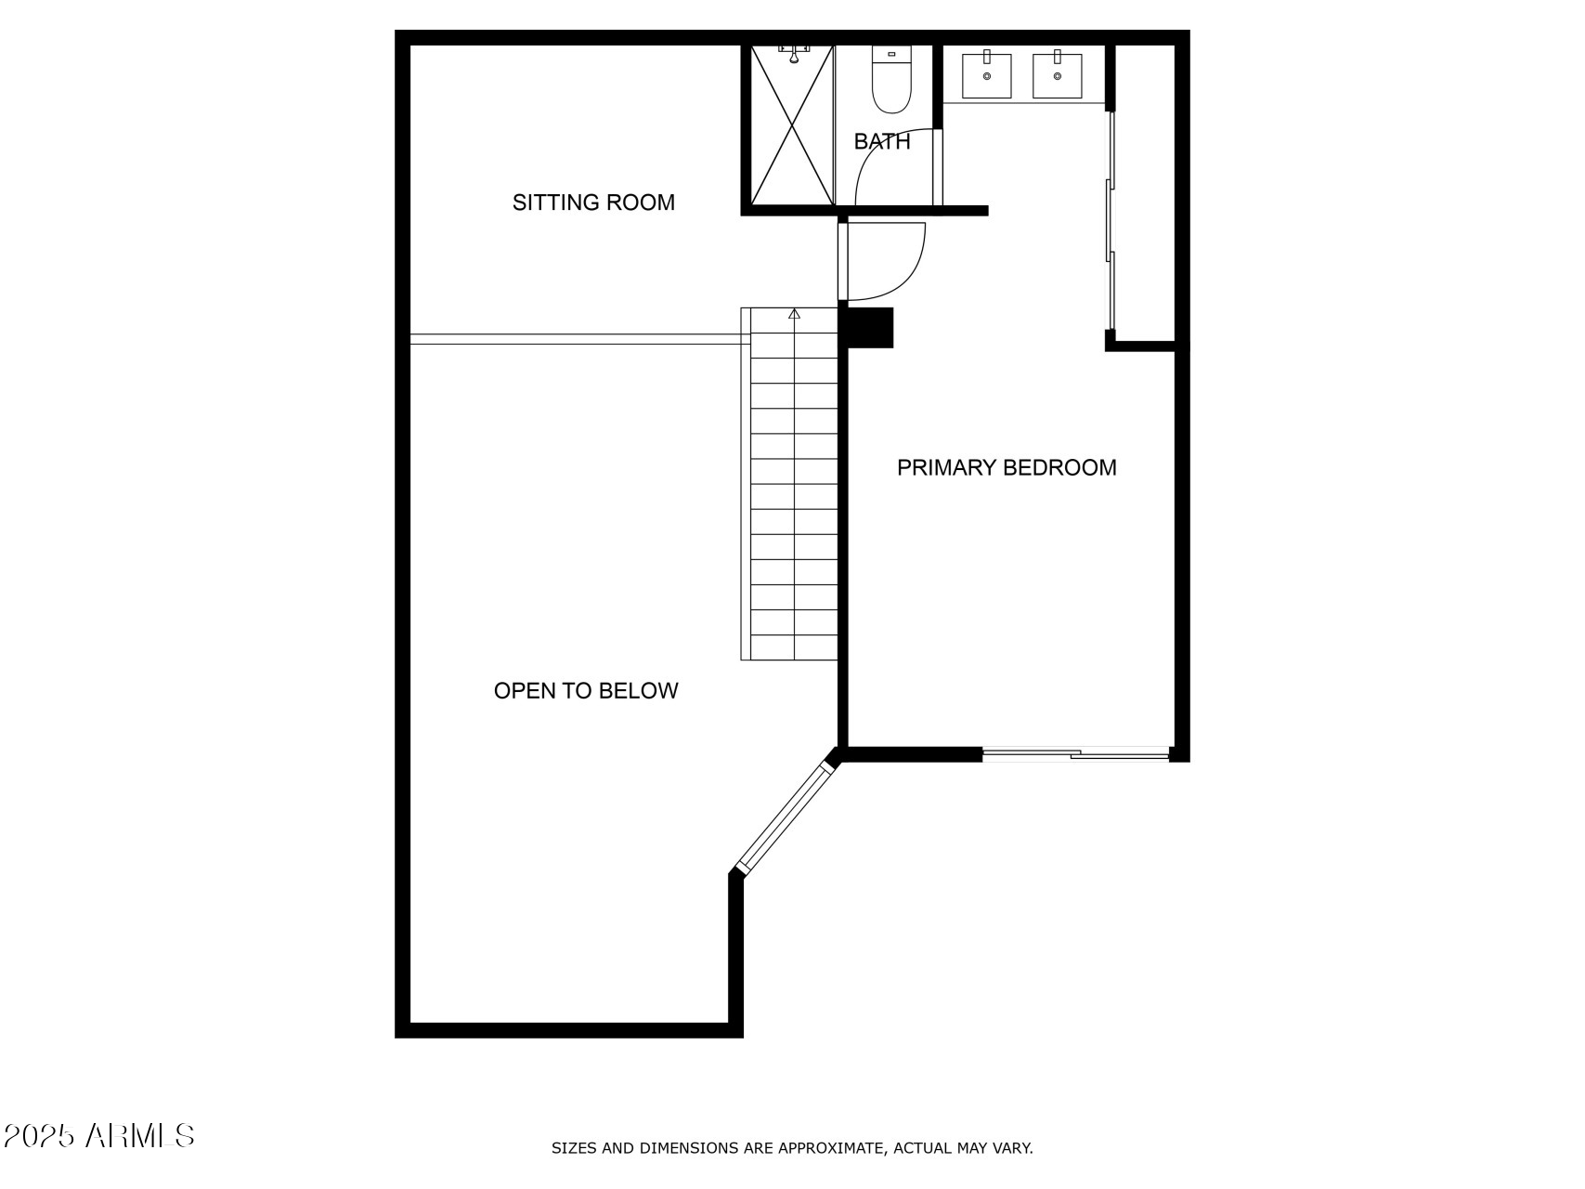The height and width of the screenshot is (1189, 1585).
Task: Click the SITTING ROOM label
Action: (593, 203)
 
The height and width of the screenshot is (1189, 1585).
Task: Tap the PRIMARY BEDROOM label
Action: (1007, 467)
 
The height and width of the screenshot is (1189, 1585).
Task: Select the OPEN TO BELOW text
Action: (586, 691)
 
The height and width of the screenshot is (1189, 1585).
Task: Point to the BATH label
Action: (882, 142)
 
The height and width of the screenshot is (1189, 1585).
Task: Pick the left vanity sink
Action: (986, 75)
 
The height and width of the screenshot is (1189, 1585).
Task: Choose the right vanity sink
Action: (1057, 75)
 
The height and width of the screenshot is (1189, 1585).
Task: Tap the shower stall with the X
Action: (792, 125)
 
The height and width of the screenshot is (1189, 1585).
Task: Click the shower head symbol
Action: (794, 54)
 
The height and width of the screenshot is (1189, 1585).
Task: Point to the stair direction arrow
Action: (794, 315)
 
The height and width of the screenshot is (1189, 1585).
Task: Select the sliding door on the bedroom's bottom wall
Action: (1075, 754)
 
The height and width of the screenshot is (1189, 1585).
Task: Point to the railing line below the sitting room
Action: (576, 339)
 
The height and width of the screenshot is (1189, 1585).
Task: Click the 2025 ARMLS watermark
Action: (98, 1135)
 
